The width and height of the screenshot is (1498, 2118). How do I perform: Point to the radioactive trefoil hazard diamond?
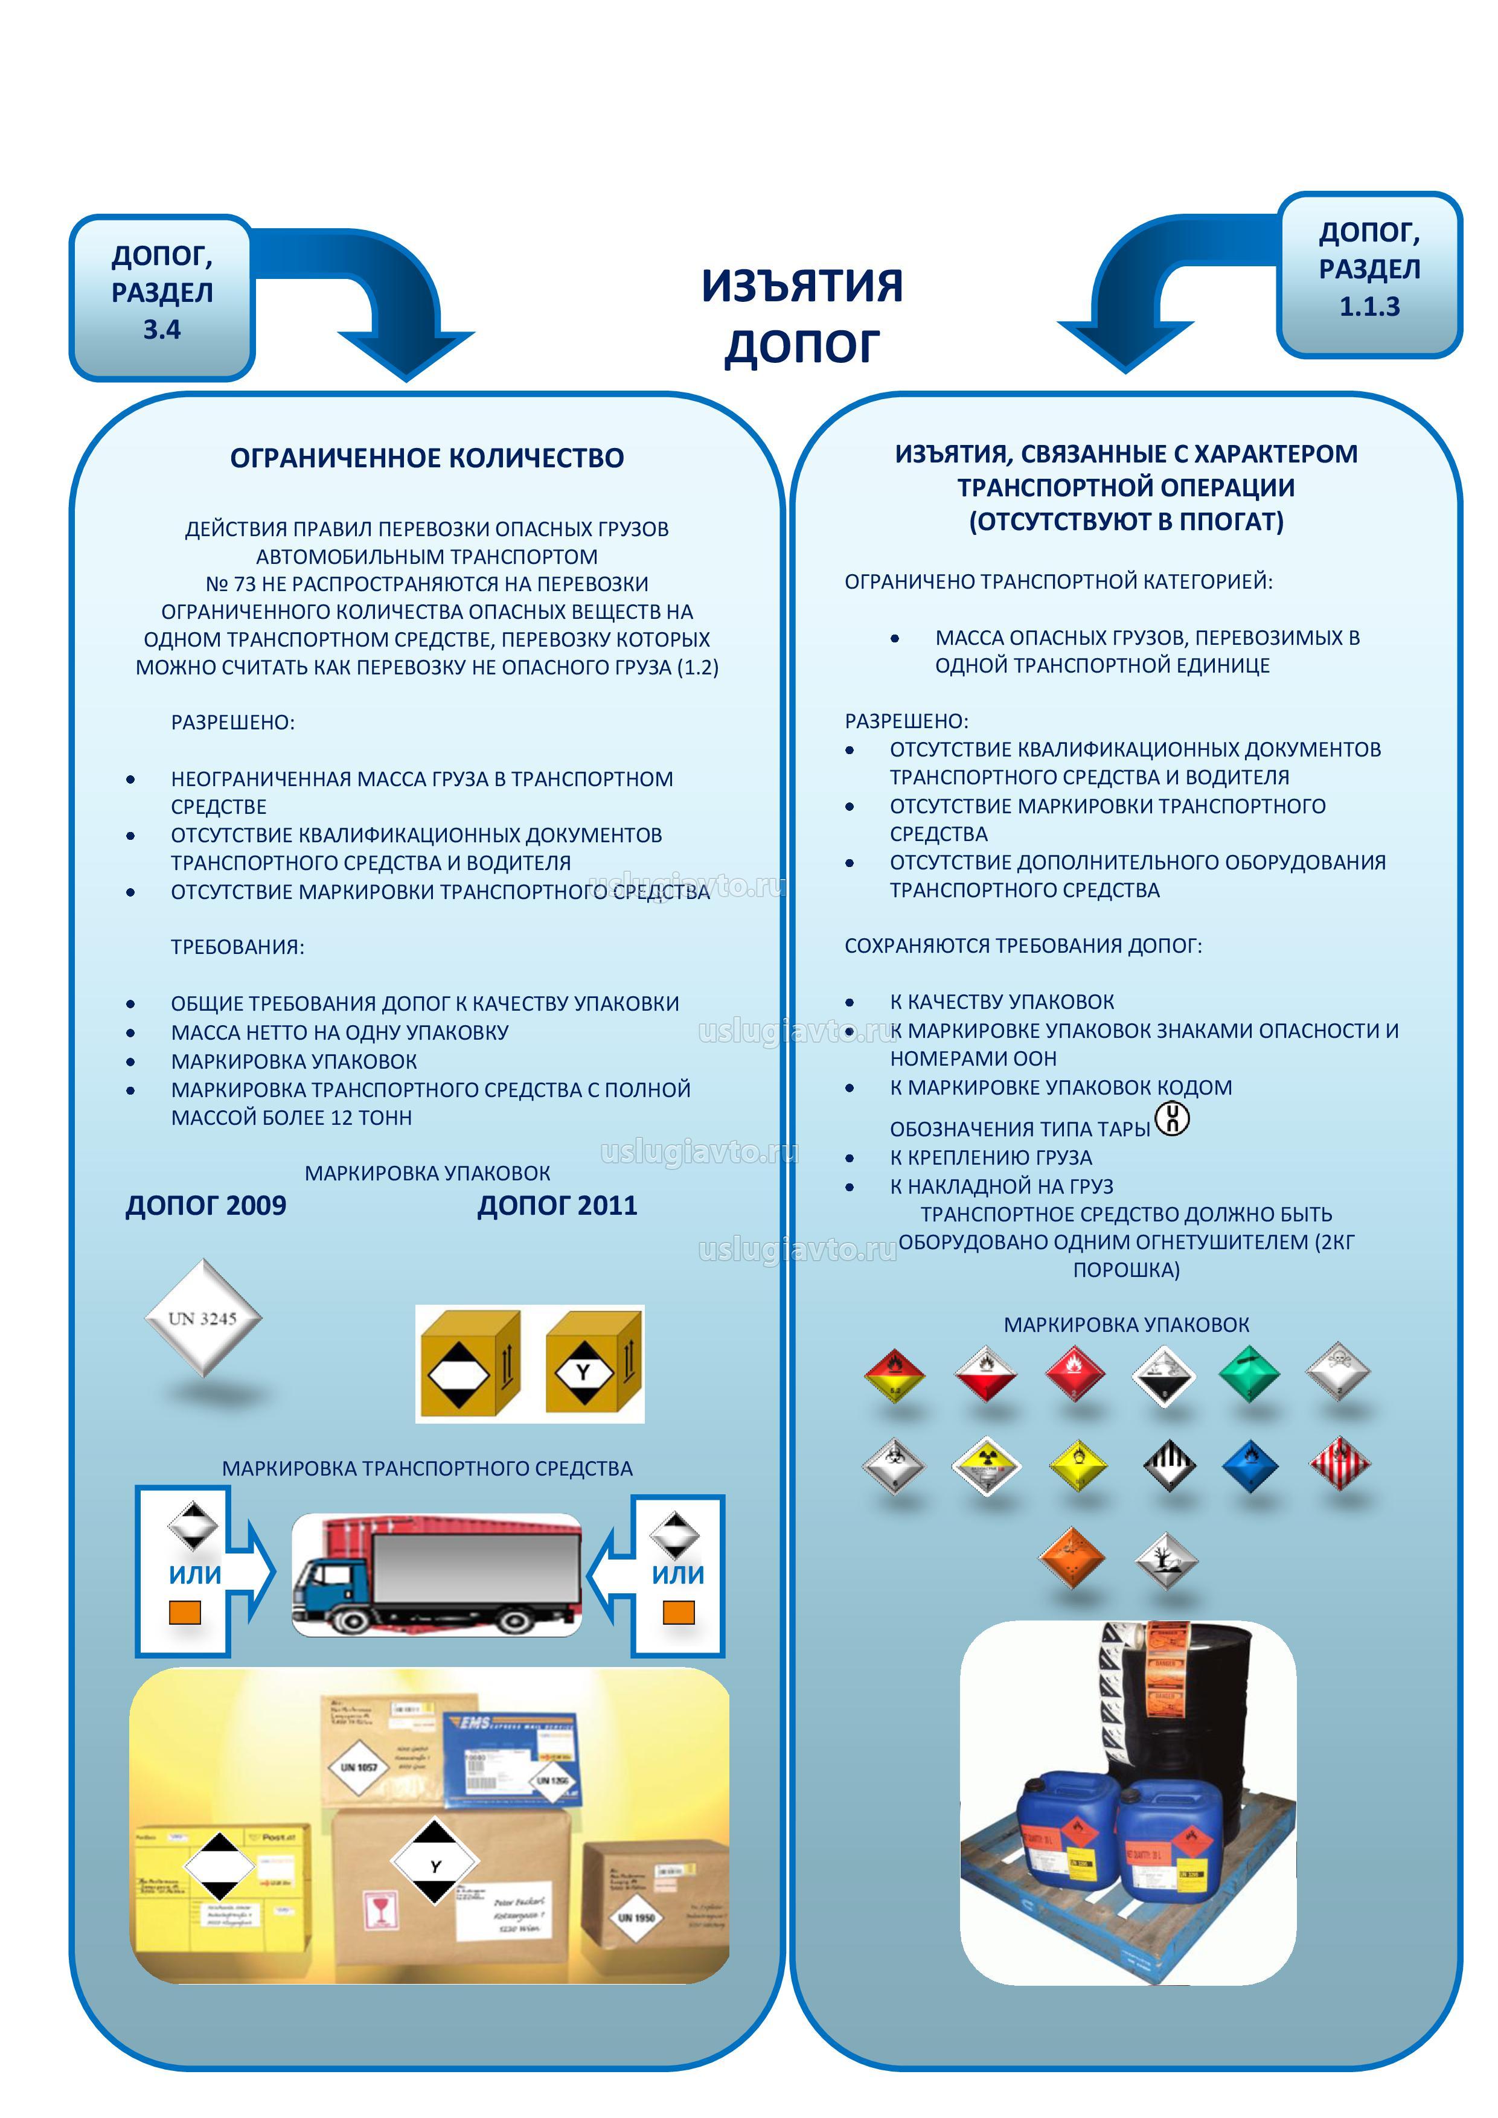[x=986, y=1464]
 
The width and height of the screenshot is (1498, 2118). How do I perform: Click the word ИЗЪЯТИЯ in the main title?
[x=802, y=286]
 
